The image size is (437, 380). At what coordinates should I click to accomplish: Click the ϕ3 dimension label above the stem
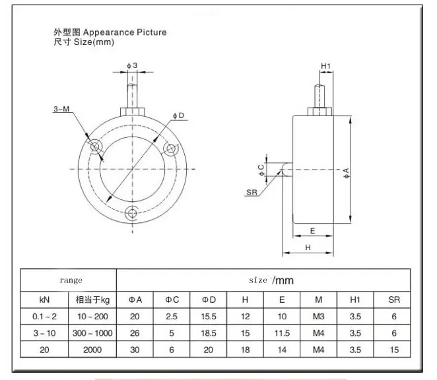(132, 65)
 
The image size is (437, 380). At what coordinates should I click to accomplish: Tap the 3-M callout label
(61, 109)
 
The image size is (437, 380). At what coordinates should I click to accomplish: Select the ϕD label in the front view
(179, 115)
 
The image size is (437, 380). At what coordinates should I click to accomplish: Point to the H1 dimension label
(325, 66)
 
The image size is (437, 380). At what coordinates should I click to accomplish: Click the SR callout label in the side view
(252, 192)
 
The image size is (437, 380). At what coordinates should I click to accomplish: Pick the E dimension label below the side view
(312, 231)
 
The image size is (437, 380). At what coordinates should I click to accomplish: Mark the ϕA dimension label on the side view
(346, 174)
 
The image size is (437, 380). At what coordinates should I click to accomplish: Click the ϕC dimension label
(261, 170)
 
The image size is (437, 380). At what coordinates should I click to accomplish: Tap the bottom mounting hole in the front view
(131, 213)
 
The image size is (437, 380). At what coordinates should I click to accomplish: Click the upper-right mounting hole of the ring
(170, 149)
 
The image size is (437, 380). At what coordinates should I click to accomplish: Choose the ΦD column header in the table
(209, 300)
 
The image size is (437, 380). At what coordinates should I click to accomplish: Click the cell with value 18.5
(209, 333)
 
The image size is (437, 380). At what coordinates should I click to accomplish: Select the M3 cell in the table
(319, 317)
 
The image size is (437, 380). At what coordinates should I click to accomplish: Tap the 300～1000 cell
(92, 333)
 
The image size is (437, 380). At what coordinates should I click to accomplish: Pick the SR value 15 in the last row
(394, 350)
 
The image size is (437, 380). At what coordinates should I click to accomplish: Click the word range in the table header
(71, 280)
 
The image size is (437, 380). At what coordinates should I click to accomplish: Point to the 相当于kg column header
(92, 300)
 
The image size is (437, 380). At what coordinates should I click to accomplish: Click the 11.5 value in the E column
(282, 333)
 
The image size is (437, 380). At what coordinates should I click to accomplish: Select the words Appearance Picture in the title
(125, 32)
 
